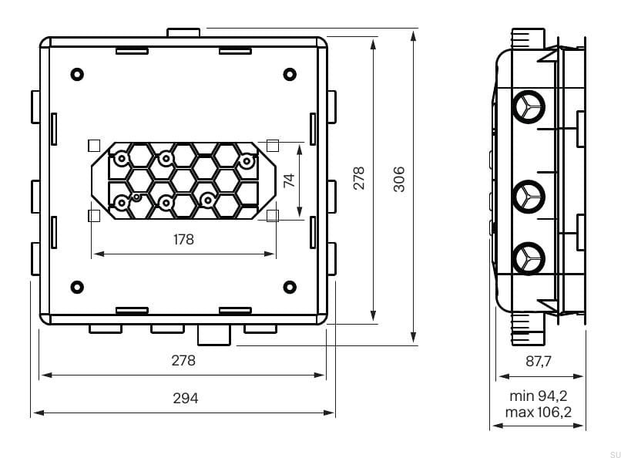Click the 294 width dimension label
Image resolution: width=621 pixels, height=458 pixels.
point(185,399)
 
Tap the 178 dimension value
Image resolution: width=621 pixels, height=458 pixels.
point(183,240)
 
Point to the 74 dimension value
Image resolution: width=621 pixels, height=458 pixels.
point(289,181)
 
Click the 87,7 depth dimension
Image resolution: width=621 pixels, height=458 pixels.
point(539,361)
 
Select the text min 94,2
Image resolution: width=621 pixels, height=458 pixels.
point(539,396)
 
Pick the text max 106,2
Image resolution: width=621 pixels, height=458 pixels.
point(539,413)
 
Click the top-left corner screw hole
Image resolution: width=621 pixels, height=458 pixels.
point(77,75)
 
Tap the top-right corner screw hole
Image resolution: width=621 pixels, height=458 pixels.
point(289,75)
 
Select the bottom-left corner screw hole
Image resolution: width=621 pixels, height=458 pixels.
point(77,287)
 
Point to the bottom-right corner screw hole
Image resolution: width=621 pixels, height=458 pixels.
point(289,287)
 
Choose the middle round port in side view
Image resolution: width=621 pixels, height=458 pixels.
point(529,194)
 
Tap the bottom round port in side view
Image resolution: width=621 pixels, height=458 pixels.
point(529,257)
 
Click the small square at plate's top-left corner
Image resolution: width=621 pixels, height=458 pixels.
point(94,145)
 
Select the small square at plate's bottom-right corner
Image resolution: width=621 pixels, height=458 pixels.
point(272,216)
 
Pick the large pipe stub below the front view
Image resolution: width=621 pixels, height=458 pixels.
point(214,335)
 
